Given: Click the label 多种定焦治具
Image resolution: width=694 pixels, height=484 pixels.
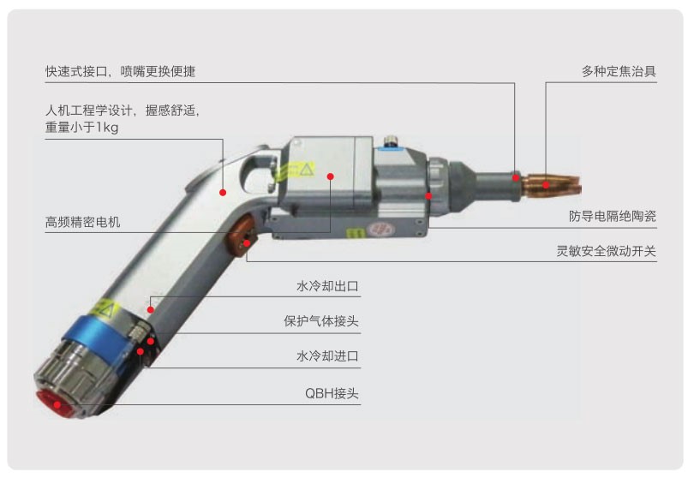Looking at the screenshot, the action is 619,71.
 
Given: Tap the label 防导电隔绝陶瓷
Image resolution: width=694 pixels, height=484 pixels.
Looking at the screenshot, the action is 612,216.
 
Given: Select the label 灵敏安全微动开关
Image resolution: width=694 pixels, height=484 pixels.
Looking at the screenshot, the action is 606,251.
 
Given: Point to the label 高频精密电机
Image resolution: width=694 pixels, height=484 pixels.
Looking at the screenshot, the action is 83,222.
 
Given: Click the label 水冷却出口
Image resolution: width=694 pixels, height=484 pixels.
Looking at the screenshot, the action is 327,286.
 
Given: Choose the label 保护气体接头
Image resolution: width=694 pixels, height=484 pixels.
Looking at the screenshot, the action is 321,320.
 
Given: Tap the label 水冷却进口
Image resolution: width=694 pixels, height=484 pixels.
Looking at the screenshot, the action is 327,356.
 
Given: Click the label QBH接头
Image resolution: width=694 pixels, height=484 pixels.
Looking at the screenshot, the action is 332,393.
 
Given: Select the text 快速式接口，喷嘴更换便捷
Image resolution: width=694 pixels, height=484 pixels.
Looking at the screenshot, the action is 121,71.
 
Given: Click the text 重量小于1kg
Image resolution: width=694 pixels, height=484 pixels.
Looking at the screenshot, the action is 82,128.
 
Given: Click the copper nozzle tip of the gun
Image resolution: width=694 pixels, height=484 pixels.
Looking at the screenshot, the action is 551,186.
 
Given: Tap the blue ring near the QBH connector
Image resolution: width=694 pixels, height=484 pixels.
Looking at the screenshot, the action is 99,341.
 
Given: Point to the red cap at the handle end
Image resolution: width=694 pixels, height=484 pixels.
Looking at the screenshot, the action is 55,403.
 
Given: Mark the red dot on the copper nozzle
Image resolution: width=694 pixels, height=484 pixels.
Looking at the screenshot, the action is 546,185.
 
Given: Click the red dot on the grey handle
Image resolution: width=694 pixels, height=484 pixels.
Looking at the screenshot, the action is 223,193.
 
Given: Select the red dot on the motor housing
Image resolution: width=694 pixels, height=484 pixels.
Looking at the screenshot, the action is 330,176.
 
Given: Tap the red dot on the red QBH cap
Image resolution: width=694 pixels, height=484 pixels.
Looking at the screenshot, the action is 57,405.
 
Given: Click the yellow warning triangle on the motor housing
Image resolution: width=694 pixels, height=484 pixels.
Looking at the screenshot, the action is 306,169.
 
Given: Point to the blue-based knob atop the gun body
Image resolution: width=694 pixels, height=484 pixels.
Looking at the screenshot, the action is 391,144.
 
